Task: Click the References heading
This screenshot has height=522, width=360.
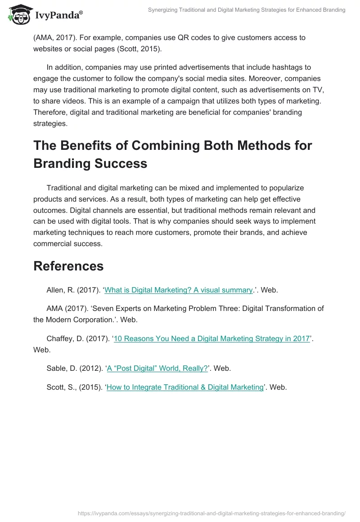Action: pyautogui.click(x=68, y=265)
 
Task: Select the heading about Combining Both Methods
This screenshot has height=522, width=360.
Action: pyautogui.click(x=172, y=154)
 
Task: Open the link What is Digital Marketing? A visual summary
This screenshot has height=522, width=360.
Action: pyautogui.click(x=179, y=290)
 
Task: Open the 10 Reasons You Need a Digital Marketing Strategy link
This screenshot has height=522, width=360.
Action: pyautogui.click(x=212, y=339)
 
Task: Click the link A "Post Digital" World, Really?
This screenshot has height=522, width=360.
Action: pyautogui.click(x=157, y=368)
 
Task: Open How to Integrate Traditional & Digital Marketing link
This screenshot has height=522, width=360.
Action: pyautogui.click(x=184, y=387)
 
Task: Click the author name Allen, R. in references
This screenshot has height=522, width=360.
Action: pyautogui.click(x=60, y=290)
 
